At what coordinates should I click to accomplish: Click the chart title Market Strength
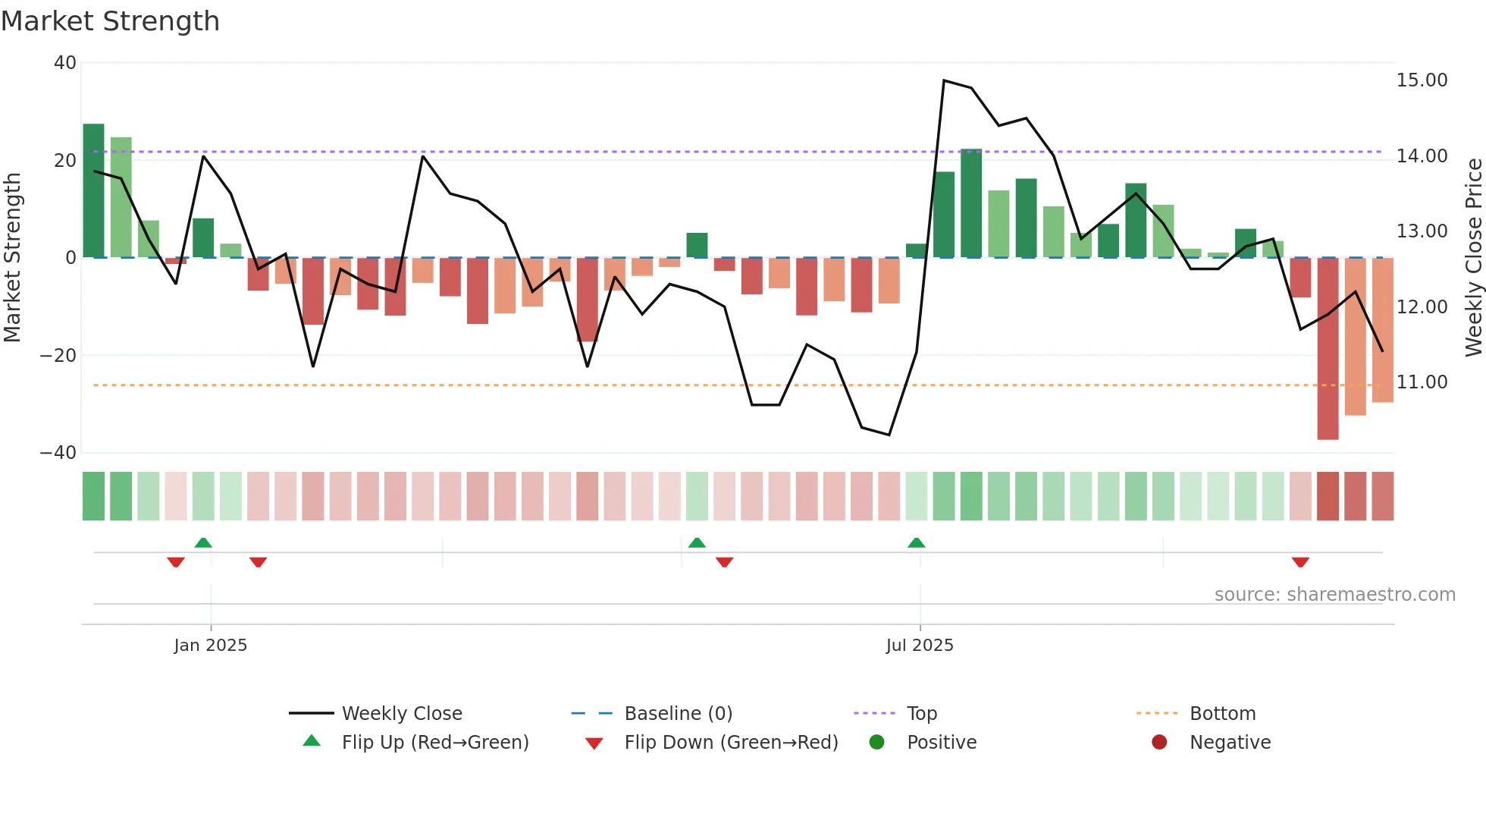(x=110, y=21)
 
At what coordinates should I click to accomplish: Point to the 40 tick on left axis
(x=65, y=63)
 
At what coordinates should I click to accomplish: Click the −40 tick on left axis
(x=58, y=453)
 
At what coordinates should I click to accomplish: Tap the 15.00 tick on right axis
(x=1422, y=80)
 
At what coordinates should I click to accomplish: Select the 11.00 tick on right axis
(x=1422, y=382)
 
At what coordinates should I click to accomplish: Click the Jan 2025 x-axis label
(x=210, y=646)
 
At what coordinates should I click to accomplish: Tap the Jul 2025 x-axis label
(x=919, y=646)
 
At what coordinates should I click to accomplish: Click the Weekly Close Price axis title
(x=1473, y=258)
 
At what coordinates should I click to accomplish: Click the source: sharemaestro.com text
(x=1334, y=595)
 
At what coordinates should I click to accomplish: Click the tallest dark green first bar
(x=93, y=190)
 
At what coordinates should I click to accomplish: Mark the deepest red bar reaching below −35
(x=1328, y=349)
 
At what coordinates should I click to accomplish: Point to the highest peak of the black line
(x=944, y=80)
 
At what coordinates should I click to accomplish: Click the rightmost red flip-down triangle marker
(x=1300, y=562)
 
